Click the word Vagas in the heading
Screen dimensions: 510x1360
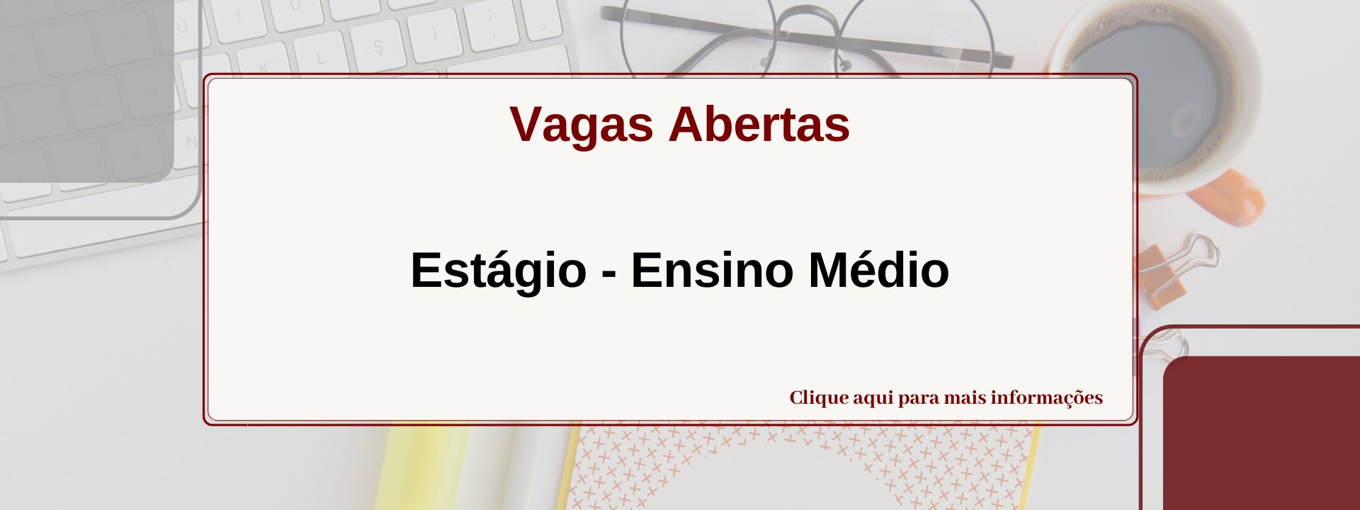click(x=581, y=125)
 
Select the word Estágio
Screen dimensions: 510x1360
click(x=498, y=271)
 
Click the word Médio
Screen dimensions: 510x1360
click(x=878, y=271)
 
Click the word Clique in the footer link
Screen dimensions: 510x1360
click(x=819, y=398)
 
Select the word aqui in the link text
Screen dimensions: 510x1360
click(x=873, y=399)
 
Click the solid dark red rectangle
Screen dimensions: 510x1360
click(x=1261, y=432)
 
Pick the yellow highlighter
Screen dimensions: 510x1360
click(x=418, y=467)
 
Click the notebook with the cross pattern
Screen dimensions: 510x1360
click(x=800, y=467)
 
